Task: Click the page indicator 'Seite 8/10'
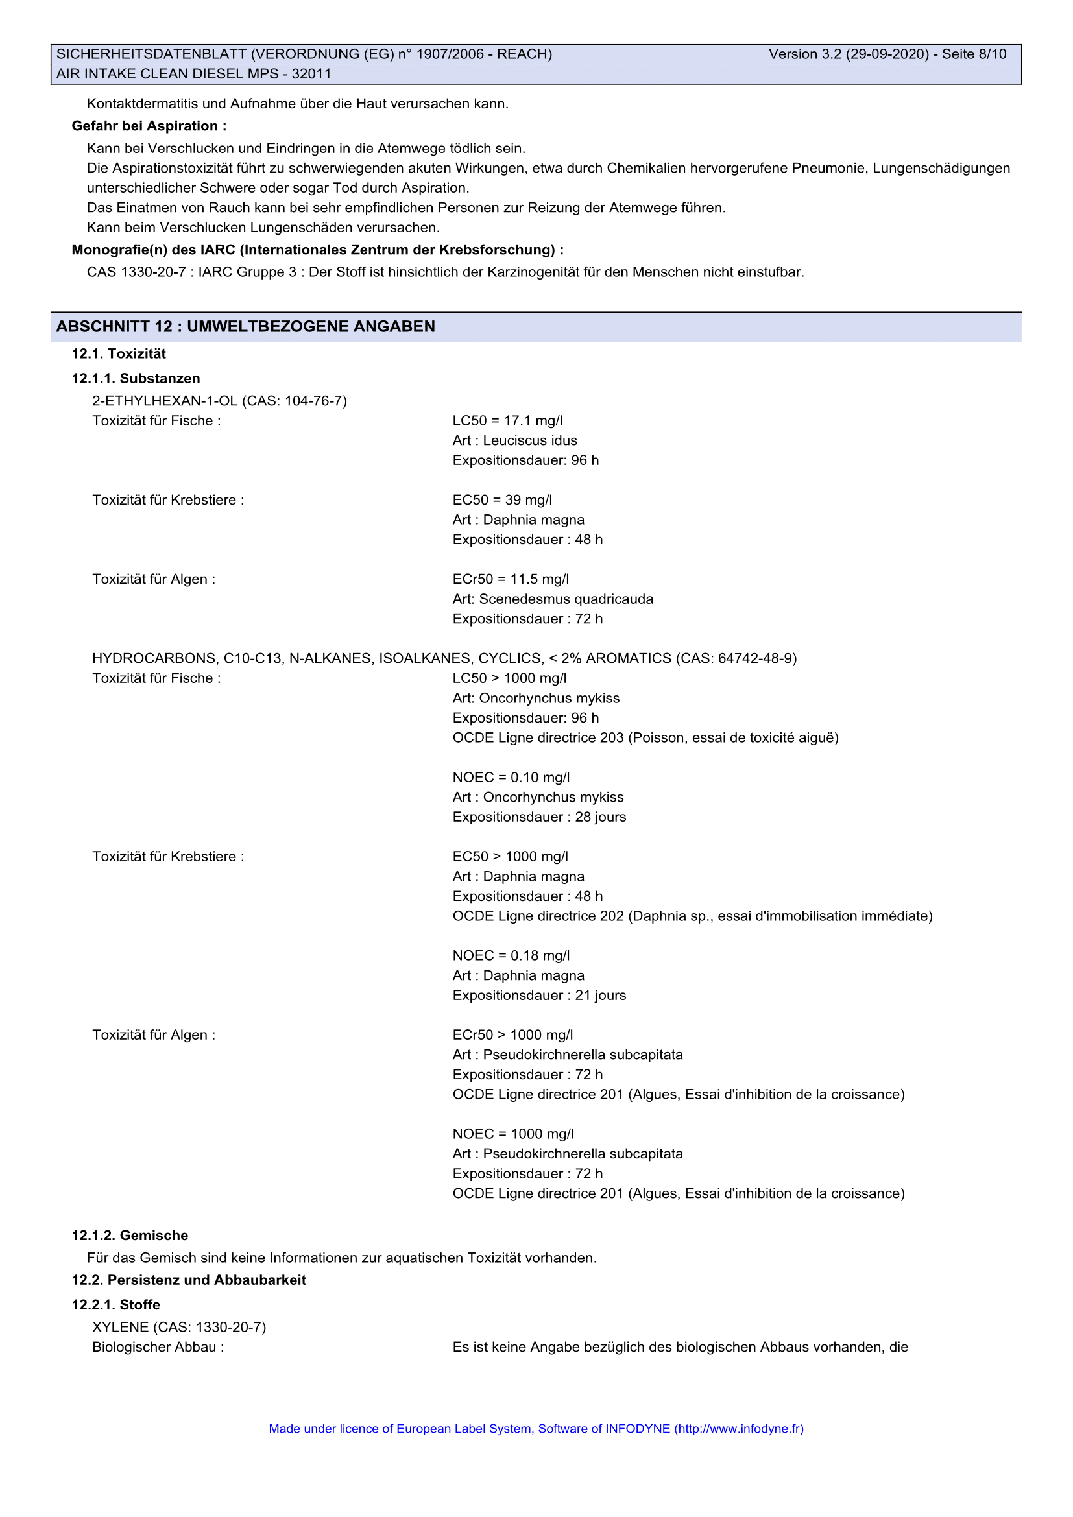[974, 54]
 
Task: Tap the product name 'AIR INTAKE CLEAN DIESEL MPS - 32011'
[193, 74]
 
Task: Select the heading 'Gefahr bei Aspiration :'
[149, 126]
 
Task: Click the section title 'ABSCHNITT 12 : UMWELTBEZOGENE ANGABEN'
[246, 326]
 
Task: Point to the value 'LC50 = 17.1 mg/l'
[507, 421]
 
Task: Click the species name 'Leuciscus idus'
[530, 440]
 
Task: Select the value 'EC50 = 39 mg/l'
[502, 500]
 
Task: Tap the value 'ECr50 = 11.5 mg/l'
[511, 579]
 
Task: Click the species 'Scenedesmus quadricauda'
[566, 599]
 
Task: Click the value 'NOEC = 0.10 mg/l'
[511, 778]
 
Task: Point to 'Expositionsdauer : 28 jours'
[539, 817]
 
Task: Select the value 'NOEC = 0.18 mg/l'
[511, 956]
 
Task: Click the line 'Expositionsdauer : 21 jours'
[539, 996]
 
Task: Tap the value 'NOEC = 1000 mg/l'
[512, 1134]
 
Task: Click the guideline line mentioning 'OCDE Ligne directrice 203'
[645, 738]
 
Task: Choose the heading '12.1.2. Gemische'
[130, 1236]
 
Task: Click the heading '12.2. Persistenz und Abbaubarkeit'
[189, 1280]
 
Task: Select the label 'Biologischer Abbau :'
[158, 1347]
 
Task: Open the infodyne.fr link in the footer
[739, 1428]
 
